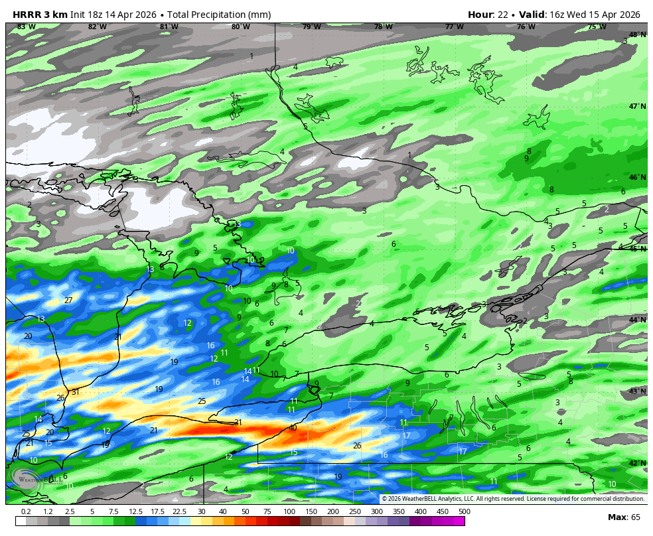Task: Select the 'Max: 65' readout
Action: [x=624, y=517]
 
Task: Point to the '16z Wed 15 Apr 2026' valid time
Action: [x=595, y=15]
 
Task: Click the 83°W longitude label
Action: [x=27, y=27]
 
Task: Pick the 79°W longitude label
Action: [x=312, y=27]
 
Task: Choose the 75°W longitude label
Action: [x=597, y=27]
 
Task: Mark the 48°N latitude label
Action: [x=637, y=34]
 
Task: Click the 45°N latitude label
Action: [x=637, y=249]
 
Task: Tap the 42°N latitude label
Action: [x=637, y=463]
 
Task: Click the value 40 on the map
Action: [x=293, y=428]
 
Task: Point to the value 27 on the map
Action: [x=68, y=301]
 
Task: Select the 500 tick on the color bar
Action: [x=464, y=511]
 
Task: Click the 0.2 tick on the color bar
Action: [x=27, y=511]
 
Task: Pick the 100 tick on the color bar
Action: [x=289, y=511]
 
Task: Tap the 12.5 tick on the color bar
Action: [x=135, y=511]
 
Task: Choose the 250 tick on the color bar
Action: [x=354, y=511]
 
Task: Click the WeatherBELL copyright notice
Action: [x=512, y=499]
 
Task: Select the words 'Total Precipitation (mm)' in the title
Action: [x=214, y=15]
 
